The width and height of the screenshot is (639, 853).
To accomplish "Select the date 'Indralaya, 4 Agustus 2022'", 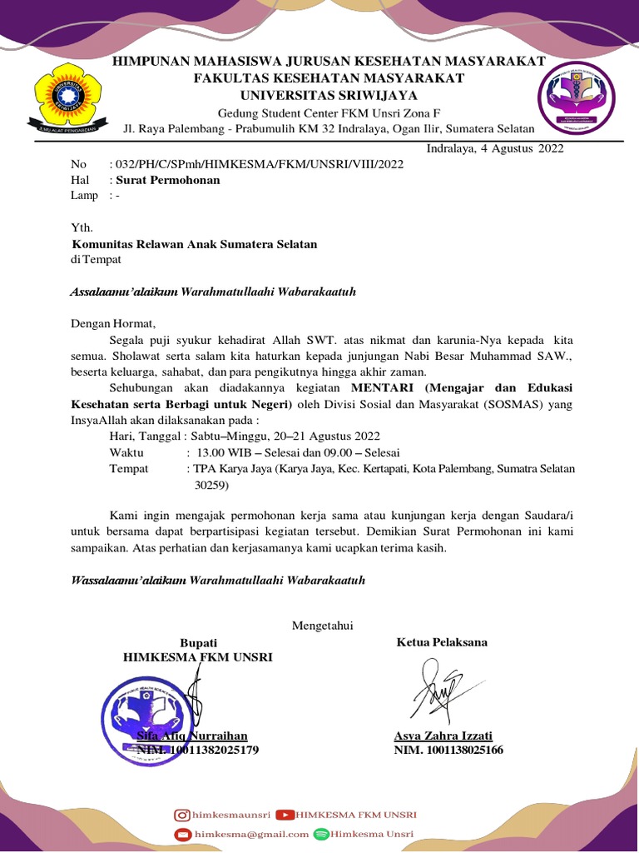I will point(495,149).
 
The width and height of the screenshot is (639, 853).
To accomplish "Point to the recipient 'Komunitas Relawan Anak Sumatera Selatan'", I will point(195,244).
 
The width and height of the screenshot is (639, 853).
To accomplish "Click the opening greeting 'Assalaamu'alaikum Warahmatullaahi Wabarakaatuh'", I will point(213,292).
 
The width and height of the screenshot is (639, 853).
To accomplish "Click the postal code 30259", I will point(211,484).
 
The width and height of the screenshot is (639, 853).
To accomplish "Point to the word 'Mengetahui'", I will point(322,626).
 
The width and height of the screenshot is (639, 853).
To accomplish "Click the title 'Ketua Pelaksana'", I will point(442,641).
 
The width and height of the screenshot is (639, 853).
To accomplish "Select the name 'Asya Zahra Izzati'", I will point(443,736).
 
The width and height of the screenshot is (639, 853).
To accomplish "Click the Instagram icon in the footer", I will point(181,815).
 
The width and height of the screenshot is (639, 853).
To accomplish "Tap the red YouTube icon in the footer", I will point(285,815).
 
